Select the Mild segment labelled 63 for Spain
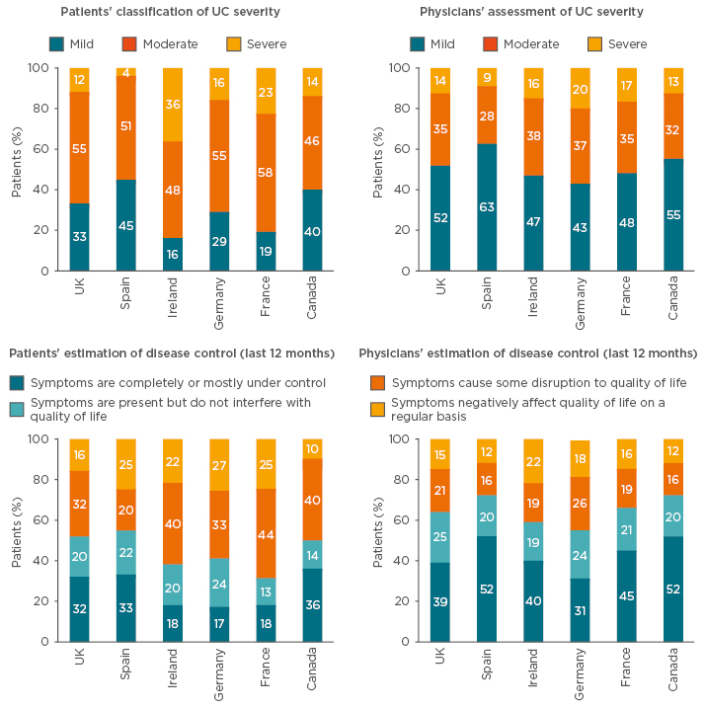point(486,207)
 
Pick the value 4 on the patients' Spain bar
point(126,71)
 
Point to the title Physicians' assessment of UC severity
point(531,12)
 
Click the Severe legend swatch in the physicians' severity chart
point(595,43)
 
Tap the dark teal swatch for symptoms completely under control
point(18,382)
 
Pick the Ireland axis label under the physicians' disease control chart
point(533,671)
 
